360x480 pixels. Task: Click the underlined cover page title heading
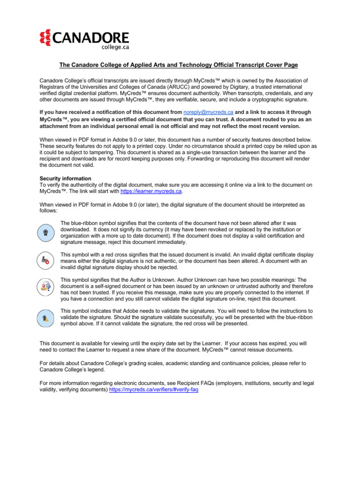178,65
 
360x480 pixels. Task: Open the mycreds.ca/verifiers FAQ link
153,390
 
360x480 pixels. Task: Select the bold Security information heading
65,179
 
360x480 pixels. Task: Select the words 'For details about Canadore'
75,363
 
